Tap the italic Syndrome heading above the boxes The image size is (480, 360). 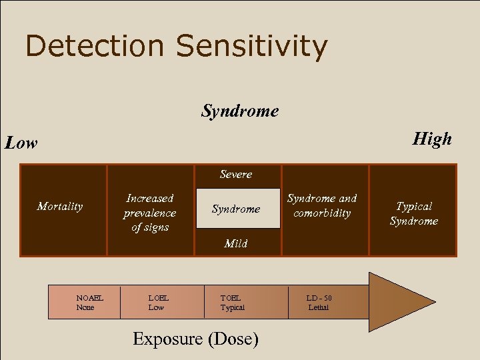coord(240,111)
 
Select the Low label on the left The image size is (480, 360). coord(21,143)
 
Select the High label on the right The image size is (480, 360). coord(432,139)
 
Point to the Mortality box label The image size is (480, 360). coord(60,207)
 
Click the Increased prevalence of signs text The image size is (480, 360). coord(150,213)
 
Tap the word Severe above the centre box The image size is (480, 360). coord(236,175)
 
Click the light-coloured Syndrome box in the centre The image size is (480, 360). coord(236,209)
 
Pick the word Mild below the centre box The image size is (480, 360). coord(236,244)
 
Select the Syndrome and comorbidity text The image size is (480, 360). coord(322,205)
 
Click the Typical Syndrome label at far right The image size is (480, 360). coord(414,214)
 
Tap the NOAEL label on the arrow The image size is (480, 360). coord(89,298)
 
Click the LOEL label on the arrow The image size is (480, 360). coord(158,298)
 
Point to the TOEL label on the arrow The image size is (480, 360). coord(231,298)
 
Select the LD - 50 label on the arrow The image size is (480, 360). coord(319,298)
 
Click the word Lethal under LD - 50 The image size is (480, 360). coord(318,307)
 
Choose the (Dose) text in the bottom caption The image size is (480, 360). coord(233,339)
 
